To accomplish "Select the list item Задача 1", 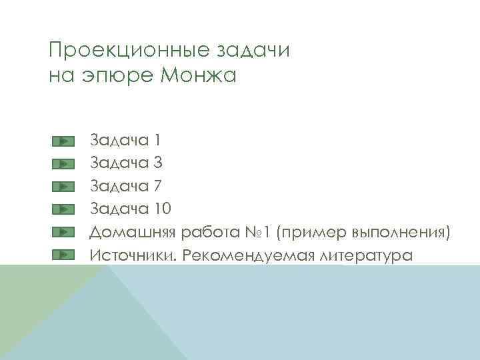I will (x=125, y=141).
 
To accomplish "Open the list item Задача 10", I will (x=131, y=209).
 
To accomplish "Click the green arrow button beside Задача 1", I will (x=62, y=141).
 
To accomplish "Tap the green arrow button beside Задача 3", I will (x=62, y=163).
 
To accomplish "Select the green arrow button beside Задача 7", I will (x=62, y=186).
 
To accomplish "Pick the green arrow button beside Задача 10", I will (x=62, y=209).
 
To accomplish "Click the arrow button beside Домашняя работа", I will (x=62, y=231).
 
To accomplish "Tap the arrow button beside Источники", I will (x=62, y=254).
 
